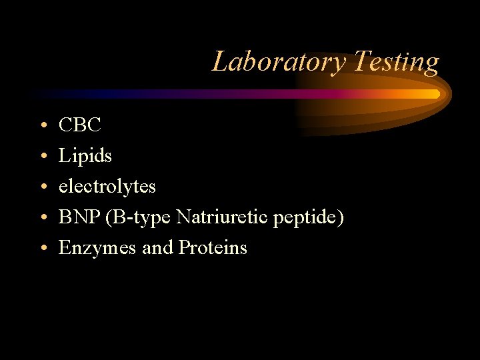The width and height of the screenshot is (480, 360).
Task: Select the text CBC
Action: (79, 125)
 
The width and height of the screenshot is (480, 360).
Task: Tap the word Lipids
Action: (85, 156)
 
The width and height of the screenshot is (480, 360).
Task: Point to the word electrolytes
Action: (107, 186)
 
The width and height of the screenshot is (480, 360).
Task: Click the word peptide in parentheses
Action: (307, 218)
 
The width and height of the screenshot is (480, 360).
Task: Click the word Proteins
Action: (213, 248)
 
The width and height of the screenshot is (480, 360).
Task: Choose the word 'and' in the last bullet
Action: (157, 248)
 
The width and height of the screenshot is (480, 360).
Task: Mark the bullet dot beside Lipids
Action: (42, 157)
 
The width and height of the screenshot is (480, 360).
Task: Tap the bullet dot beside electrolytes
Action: (42, 187)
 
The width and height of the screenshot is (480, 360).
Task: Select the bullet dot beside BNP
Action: (42, 218)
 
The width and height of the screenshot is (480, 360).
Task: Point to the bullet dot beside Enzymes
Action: (42, 249)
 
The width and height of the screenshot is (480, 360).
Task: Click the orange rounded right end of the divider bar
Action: (435, 94)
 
